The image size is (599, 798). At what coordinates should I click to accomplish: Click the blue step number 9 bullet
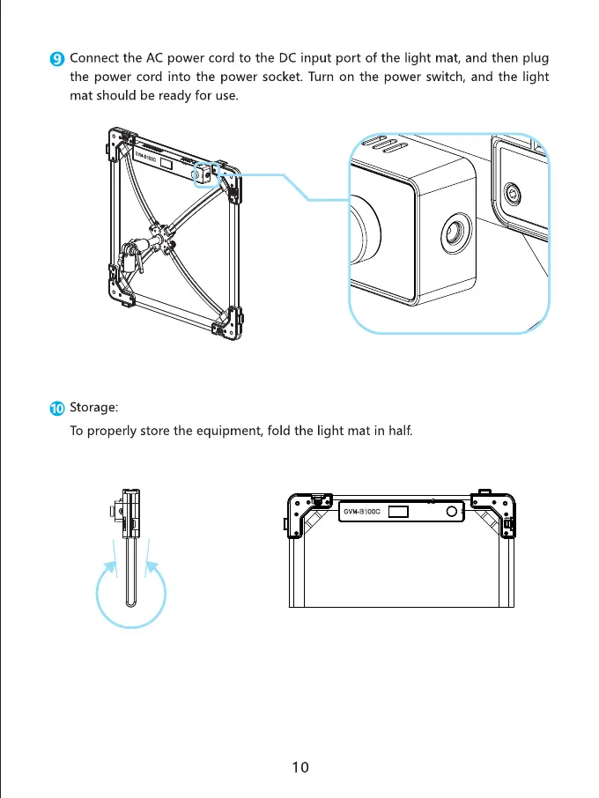click(x=57, y=59)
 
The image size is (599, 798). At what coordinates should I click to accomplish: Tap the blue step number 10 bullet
click(x=57, y=408)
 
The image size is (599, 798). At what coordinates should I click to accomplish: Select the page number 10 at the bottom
click(x=300, y=766)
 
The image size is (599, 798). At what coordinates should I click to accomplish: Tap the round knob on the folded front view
click(x=452, y=512)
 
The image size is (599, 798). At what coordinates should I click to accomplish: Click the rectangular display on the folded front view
click(x=398, y=512)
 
